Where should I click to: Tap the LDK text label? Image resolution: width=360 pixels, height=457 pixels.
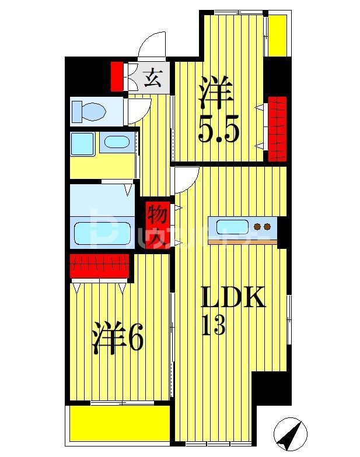(233, 298)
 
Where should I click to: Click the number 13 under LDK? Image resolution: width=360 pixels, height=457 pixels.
(214, 327)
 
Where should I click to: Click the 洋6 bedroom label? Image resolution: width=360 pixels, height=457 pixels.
(117, 339)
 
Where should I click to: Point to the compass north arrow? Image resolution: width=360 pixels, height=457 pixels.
(290, 434)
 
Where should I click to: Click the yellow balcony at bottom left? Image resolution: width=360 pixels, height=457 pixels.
(120, 423)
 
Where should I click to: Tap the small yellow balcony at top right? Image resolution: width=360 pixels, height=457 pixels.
(277, 34)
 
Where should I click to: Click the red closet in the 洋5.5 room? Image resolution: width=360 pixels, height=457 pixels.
(277, 128)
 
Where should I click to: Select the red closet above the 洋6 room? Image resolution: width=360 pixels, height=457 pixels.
(99, 266)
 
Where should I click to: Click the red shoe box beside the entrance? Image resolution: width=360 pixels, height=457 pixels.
(117, 76)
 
